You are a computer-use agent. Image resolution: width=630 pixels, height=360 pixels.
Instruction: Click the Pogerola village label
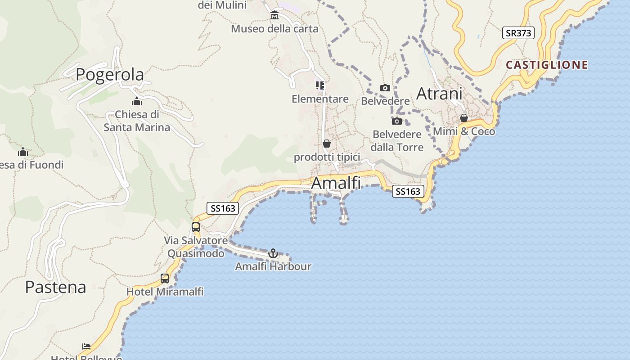(110, 75)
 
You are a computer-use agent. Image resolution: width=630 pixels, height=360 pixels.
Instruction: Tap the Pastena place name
(55, 287)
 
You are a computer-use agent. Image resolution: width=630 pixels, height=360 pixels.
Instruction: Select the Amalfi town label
(336, 183)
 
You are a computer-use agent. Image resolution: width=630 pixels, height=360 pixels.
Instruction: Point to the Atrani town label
(439, 94)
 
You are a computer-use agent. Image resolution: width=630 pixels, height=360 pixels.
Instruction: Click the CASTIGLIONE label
(547, 65)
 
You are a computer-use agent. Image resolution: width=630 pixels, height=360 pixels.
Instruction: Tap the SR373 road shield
(518, 33)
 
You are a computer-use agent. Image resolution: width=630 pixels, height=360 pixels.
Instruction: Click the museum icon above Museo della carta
(274, 16)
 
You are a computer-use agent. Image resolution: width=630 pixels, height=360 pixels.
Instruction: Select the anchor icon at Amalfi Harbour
(273, 253)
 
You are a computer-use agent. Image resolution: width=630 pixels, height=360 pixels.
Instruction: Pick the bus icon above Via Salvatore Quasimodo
(196, 227)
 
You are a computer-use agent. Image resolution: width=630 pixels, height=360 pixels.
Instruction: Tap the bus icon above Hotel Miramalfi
(165, 279)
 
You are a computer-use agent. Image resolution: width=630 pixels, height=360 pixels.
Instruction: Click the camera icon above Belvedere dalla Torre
(396, 121)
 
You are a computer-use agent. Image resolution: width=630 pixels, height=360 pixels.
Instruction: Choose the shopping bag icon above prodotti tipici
(327, 144)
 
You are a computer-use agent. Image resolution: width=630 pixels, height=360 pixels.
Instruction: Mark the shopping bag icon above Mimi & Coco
(464, 118)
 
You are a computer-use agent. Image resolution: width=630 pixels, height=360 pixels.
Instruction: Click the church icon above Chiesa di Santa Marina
(137, 101)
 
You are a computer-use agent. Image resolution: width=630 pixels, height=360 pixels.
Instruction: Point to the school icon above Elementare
(320, 85)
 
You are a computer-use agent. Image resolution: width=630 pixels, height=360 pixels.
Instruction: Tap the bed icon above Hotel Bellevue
(86, 346)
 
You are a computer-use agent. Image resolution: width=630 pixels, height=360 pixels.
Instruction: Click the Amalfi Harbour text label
(273, 266)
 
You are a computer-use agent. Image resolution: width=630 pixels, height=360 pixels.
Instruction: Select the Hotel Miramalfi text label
(165, 292)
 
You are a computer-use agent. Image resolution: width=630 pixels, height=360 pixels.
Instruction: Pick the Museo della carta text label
(274, 29)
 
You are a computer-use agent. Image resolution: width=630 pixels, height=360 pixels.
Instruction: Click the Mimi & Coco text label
(464, 131)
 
